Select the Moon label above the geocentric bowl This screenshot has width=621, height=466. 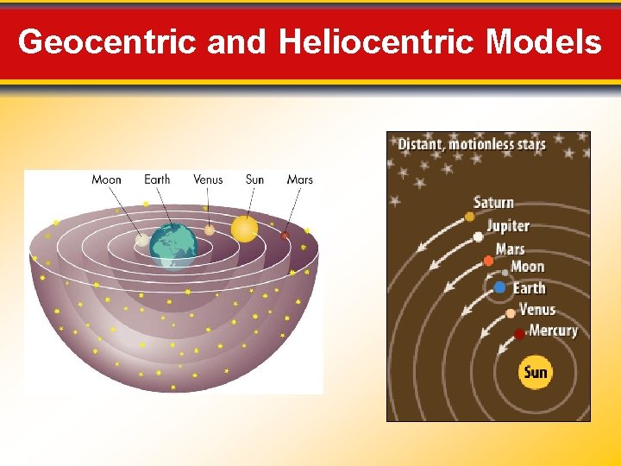point(107,179)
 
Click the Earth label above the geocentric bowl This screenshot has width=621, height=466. point(157,179)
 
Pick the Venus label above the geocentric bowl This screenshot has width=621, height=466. point(208,179)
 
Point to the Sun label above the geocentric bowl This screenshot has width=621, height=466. point(254,179)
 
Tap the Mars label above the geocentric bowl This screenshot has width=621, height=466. point(300,179)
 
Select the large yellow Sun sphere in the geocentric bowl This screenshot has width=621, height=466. point(244,229)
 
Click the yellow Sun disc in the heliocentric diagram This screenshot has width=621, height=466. point(536,373)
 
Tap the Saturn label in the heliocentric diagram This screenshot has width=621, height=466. point(494,203)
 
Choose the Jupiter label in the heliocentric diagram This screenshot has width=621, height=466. point(508,226)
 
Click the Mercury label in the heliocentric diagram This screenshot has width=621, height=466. point(553,331)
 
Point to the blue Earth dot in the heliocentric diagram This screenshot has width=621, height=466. point(500,288)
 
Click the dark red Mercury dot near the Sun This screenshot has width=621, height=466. point(519,333)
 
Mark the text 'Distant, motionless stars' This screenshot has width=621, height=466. point(472,144)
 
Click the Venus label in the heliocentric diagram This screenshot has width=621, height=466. point(537,310)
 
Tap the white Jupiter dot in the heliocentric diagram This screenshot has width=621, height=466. point(479,236)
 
